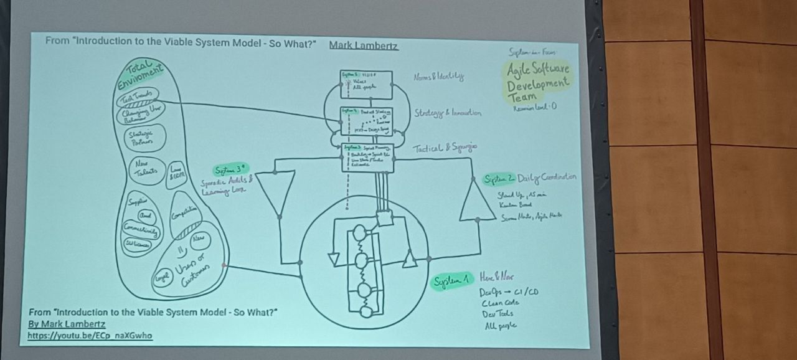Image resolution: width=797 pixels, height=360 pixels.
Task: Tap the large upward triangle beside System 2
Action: [x=477, y=199]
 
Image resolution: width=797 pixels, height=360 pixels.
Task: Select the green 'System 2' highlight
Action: [x=499, y=179]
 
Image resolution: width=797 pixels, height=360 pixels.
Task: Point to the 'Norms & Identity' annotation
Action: [x=438, y=77]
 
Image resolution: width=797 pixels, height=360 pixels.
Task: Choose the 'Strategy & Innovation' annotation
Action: [x=447, y=113]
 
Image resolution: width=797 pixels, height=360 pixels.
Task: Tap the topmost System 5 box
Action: [x=366, y=84]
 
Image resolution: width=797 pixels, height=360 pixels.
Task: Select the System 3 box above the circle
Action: [x=367, y=157]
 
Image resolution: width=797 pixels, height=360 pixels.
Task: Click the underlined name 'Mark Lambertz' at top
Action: [x=364, y=45]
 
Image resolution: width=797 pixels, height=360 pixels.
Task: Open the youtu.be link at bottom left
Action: [x=90, y=336]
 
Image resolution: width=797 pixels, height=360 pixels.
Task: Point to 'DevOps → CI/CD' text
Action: [x=508, y=292]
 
